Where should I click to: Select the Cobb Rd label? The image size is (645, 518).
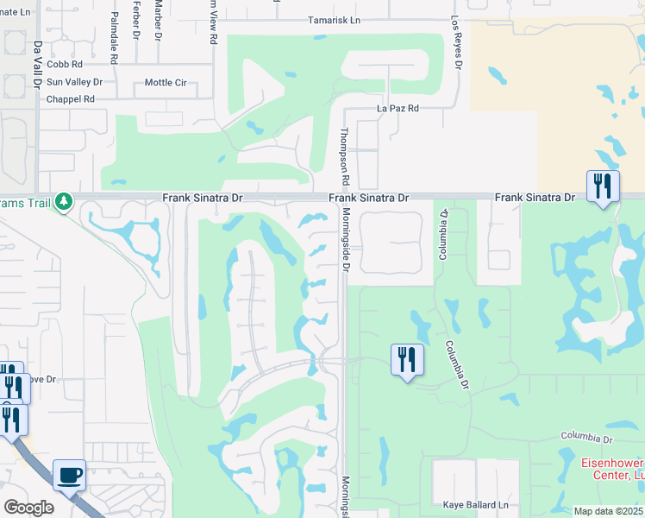[x=65, y=64]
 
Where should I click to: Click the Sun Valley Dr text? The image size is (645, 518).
[x=74, y=82]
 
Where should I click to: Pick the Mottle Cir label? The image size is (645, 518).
[x=166, y=83]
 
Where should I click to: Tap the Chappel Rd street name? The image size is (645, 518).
[x=71, y=99]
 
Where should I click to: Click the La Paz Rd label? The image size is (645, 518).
[x=398, y=109]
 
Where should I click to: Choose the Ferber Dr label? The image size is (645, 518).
[x=136, y=20]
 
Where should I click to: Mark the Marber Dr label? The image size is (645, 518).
[x=158, y=20]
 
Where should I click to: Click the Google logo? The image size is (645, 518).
[x=29, y=507]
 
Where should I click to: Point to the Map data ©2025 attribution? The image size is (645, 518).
[x=608, y=511]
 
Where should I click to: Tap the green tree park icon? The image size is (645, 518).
[x=63, y=202]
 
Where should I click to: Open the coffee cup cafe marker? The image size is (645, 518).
[x=69, y=474]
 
